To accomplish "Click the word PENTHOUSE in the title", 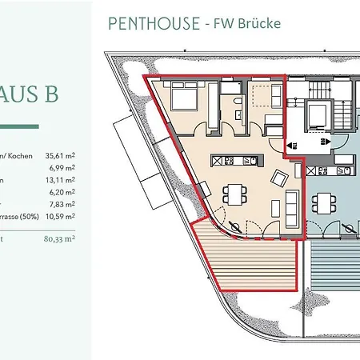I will click(x=151, y=23).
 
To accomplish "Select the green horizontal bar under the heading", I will click(x=40, y=126).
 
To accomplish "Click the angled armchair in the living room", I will click(x=280, y=178).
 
